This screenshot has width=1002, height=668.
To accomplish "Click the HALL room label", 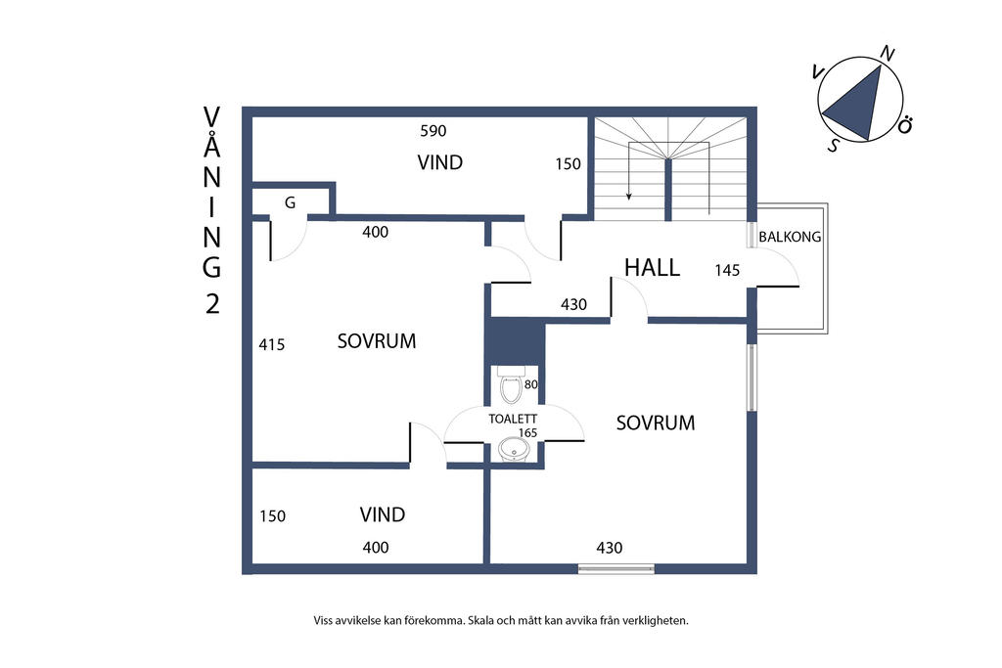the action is click(652, 267).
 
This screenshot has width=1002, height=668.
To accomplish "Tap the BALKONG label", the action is click(790, 237).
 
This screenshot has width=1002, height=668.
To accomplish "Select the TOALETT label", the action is click(513, 419).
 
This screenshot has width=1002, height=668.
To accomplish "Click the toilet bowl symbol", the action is click(511, 385).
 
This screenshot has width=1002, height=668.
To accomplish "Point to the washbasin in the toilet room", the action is click(513, 450).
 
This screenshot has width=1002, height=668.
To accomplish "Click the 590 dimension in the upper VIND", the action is click(433, 131).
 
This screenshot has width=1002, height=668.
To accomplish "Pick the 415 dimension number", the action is click(272, 345).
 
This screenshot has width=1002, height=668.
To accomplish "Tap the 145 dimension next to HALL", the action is click(727, 270).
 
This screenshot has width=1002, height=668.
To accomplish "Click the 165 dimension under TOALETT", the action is click(527, 433).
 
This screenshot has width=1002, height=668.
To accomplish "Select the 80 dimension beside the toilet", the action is click(531, 384).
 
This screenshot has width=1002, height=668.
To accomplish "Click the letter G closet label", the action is click(290, 203).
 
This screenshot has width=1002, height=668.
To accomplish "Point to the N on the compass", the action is click(887, 55).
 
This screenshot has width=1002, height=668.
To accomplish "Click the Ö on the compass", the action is click(904, 126).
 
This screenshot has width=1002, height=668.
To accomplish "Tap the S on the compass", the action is click(834, 146).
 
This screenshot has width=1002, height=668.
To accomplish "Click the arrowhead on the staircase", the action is click(629, 196).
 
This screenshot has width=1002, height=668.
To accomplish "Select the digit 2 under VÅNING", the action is click(212, 303).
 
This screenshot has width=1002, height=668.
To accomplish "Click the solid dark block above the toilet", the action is click(514, 340).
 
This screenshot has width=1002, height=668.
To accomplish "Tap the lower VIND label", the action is click(383, 514).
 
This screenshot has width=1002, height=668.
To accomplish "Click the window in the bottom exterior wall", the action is click(616, 568).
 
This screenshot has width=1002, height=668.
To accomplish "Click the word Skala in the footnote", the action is click(481, 620).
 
